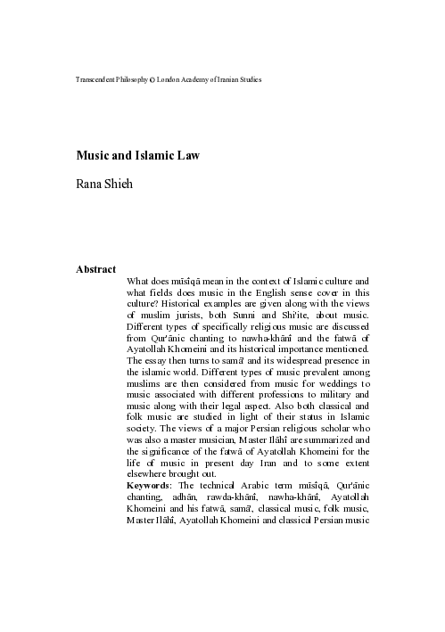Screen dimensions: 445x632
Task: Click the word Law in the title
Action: point(187,154)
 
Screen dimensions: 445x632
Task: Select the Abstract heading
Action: point(96,267)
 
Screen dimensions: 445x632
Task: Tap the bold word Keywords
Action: point(148,485)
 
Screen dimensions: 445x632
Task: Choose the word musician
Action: point(224,439)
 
